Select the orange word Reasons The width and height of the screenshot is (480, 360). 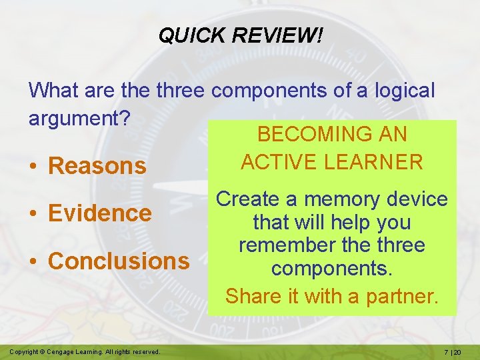point(97,166)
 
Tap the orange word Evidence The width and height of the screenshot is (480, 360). point(101,213)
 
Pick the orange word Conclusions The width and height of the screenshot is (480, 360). point(119,261)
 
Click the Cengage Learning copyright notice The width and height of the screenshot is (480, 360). point(85,351)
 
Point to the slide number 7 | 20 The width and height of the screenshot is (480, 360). point(456,351)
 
